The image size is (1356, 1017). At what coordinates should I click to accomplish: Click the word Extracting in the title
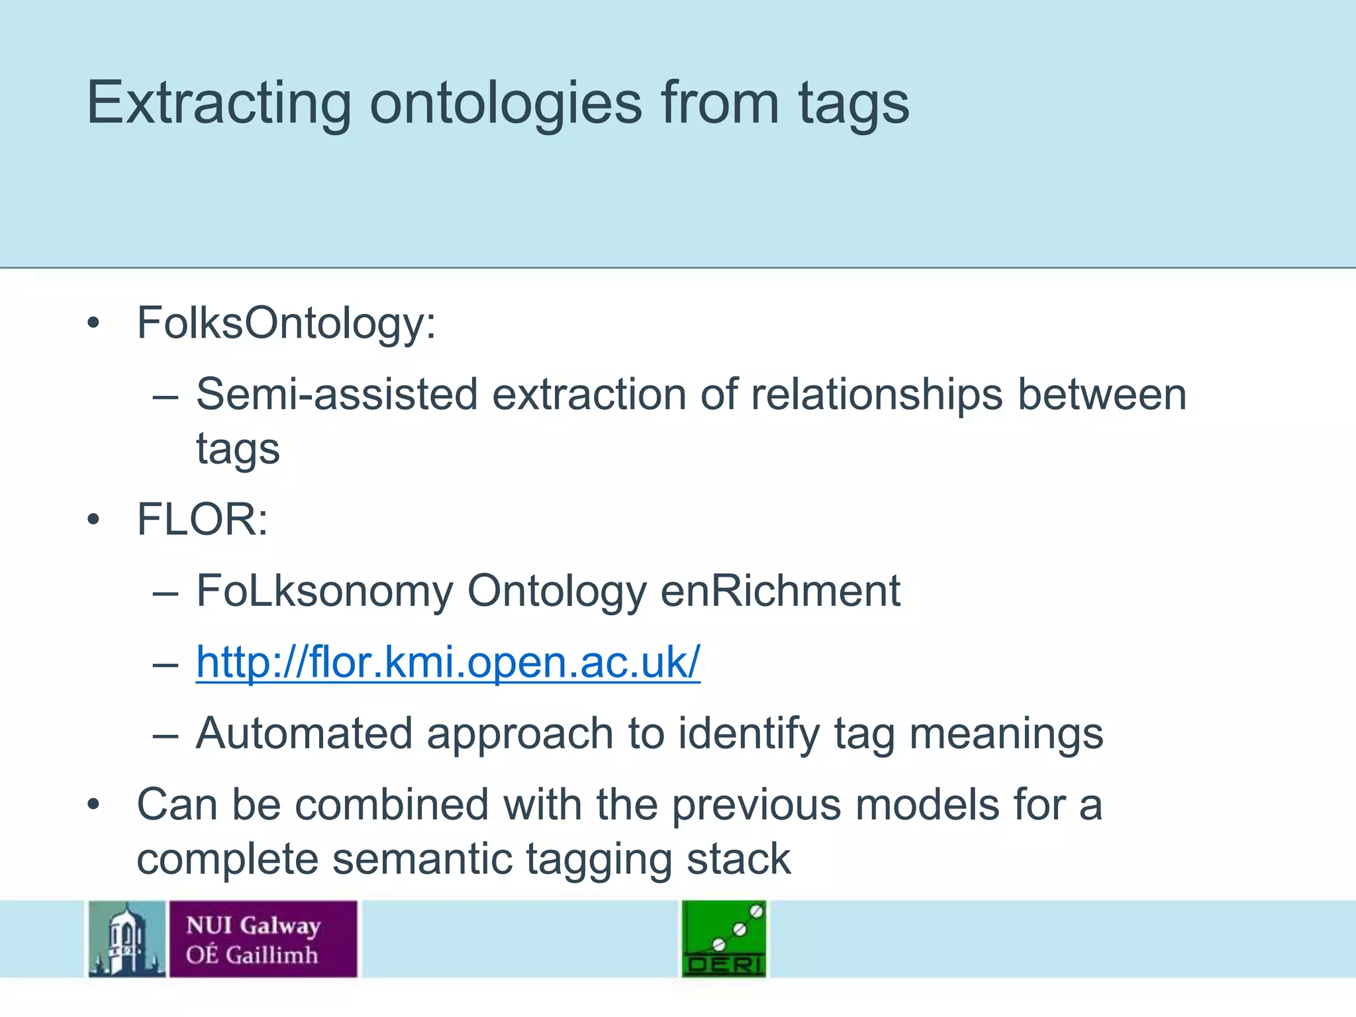point(219,103)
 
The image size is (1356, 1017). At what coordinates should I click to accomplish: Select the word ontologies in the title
point(506,104)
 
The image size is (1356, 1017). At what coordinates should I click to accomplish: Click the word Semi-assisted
point(336,395)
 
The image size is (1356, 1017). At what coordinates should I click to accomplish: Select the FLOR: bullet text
point(202,519)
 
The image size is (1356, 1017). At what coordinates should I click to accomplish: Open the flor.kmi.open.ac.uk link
point(448,662)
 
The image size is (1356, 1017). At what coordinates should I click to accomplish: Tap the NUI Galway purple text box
point(263,939)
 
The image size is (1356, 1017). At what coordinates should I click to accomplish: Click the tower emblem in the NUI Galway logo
point(126,939)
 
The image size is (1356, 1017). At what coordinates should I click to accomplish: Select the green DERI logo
point(724,939)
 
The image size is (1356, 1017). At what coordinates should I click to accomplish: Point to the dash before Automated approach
point(165,735)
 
